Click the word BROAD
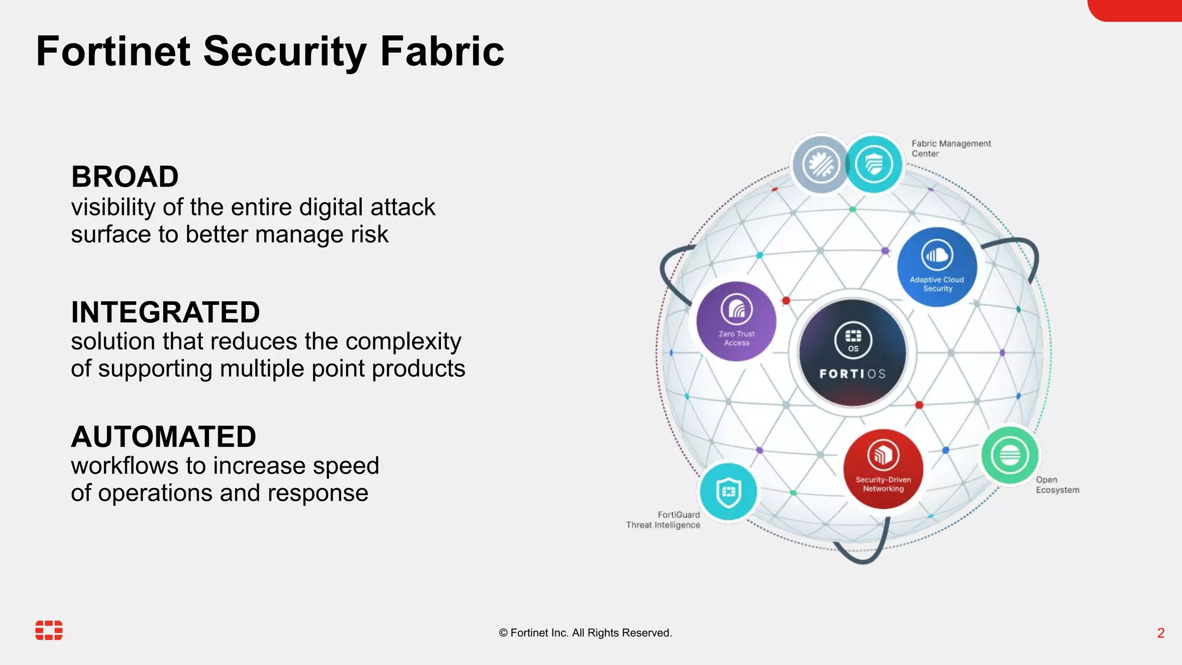tap(125, 177)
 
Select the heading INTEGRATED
tap(165, 312)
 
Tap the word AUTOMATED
tap(163, 437)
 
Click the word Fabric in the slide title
tap(442, 51)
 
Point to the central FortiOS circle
tap(852, 353)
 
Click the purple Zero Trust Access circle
tap(736, 322)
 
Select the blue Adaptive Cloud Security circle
tap(937, 267)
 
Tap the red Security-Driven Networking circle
tap(883, 469)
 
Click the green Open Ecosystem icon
tap(1009, 455)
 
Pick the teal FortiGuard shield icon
tap(728, 492)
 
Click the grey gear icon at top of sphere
tap(820, 165)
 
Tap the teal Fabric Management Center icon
tap(874, 164)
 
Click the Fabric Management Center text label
tap(951, 148)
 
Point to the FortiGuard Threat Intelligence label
tap(663, 520)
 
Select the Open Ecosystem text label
tap(1057, 485)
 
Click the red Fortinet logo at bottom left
tap(49, 630)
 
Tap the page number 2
tap(1161, 633)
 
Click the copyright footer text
tap(585, 633)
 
